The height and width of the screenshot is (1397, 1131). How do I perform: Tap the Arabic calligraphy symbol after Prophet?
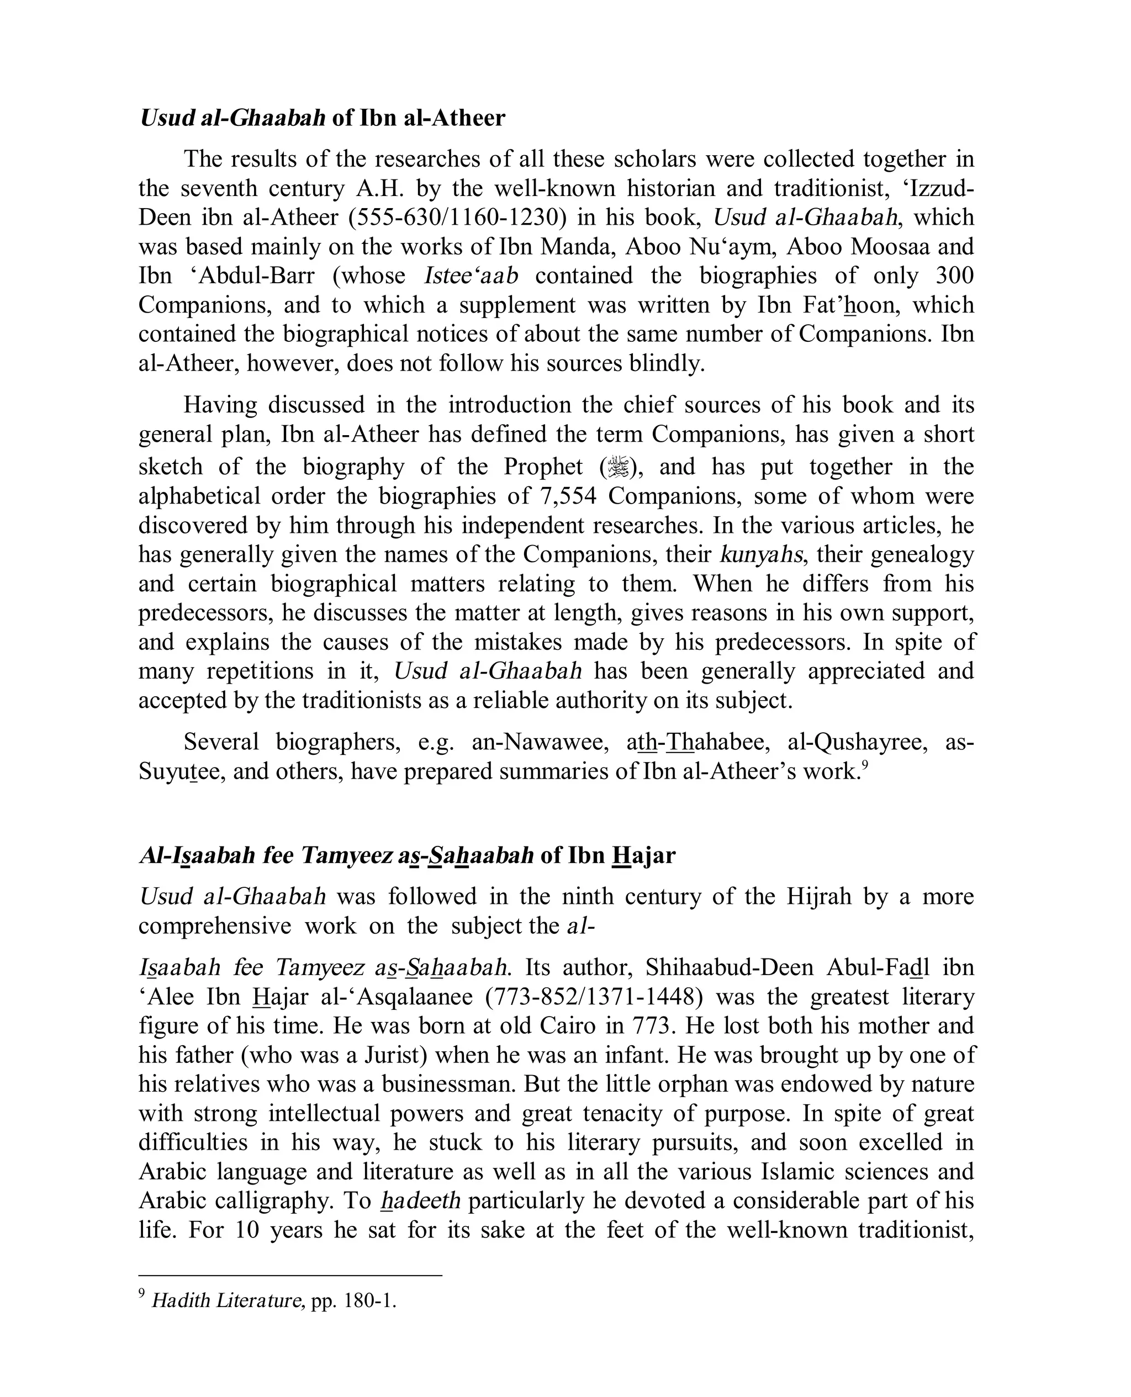616,468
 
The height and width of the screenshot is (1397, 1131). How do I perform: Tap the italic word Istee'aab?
471,276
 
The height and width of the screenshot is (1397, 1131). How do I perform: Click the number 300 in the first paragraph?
954,276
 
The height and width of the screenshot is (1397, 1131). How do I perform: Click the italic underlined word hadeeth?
420,1200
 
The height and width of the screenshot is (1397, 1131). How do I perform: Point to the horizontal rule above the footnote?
290,1275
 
